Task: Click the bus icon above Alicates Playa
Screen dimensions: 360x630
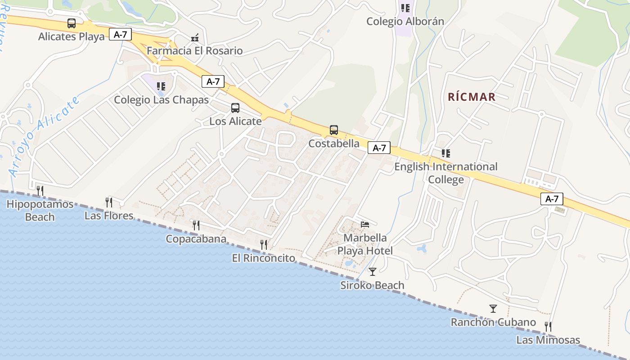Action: pyautogui.click(x=71, y=23)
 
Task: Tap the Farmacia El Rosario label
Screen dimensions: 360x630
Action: pyautogui.click(x=194, y=51)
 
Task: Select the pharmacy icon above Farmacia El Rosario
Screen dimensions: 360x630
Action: pyautogui.click(x=195, y=38)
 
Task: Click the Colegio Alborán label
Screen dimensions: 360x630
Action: pyautogui.click(x=405, y=21)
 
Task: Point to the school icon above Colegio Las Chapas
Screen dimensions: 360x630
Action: pyautogui.click(x=161, y=86)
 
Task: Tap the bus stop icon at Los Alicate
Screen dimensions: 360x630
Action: pyautogui.click(x=235, y=108)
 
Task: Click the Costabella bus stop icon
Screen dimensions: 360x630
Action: pyautogui.click(x=333, y=130)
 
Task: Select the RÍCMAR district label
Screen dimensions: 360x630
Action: pyautogui.click(x=472, y=97)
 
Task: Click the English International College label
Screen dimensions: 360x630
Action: pyautogui.click(x=445, y=173)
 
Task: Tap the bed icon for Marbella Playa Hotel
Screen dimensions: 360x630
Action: pyautogui.click(x=365, y=224)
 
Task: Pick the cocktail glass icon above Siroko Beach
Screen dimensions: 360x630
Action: pyautogui.click(x=372, y=271)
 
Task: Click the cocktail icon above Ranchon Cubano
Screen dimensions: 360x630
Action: pyautogui.click(x=493, y=309)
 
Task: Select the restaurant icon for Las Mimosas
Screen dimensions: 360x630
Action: pyautogui.click(x=548, y=326)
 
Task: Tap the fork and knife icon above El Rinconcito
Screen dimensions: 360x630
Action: pyautogui.click(x=264, y=245)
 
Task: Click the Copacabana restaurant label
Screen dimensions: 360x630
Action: pyautogui.click(x=196, y=238)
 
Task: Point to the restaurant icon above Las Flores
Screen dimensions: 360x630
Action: pyautogui.click(x=108, y=202)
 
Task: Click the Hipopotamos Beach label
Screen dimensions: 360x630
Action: pyautogui.click(x=40, y=211)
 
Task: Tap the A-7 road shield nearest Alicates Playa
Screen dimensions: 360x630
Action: pyautogui.click(x=120, y=35)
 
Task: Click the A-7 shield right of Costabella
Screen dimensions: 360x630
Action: pyautogui.click(x=379, y=148)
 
